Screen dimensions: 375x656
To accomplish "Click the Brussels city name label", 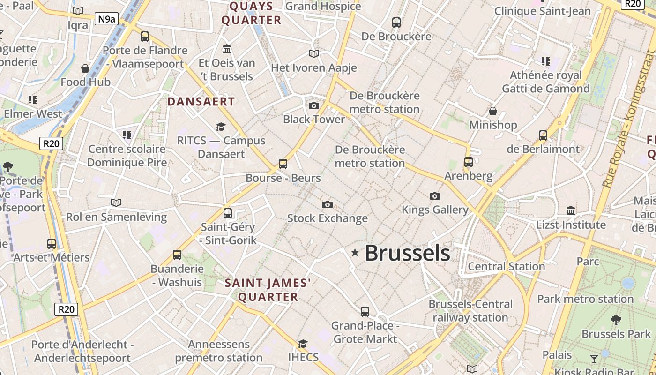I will [x=407, y=253].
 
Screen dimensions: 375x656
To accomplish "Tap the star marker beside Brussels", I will [x=355, y=253].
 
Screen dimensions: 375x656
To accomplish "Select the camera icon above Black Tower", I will [x=314, y=105].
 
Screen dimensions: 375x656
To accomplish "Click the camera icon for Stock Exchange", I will [x=328, y=204].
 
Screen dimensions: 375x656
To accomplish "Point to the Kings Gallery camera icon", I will [x=435, y=196].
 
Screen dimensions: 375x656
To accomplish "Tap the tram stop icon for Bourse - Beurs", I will [x=283, y=164].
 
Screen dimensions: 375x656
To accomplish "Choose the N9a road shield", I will [x=106, y=19].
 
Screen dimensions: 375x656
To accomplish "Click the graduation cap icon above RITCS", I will [x=221, y=127].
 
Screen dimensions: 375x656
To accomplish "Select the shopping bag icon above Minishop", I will [x=493, y=111].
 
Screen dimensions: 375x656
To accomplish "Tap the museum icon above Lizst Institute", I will [x=571, y=211].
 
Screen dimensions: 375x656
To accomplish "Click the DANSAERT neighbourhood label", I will [x=201, y=102].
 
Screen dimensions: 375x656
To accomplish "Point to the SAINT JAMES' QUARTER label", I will [x=268, y=290].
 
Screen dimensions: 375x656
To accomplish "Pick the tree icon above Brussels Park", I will [x=616, y=320].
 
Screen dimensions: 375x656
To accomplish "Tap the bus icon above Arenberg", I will [x=469, y=162].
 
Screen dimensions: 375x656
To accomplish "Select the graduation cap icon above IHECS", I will [x=303, y=344].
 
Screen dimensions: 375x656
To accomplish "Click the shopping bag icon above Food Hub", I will [x=85, y=68].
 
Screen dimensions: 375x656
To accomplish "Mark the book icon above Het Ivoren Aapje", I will [x=314, y=54].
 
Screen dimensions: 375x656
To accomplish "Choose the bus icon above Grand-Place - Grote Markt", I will [x=365, y=311].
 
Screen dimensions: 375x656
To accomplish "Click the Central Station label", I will [x=507, y=267].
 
